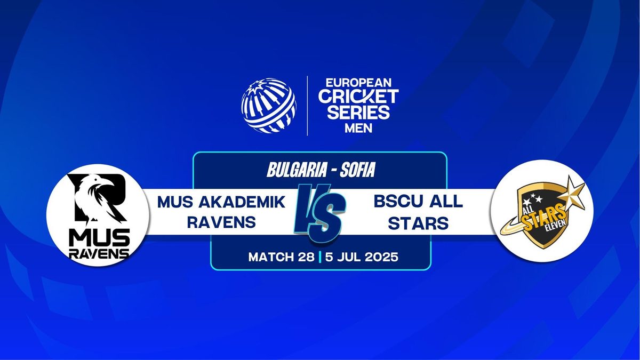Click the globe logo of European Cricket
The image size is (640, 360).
269,106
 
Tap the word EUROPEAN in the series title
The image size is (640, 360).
358,83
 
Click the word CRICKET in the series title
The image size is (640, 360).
358,97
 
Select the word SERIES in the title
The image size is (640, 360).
358,112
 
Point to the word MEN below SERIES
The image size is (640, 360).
358,129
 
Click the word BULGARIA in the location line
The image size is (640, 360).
297,170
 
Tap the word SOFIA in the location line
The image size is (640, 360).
357,170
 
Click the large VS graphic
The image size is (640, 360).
320,213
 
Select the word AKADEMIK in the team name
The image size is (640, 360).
242,202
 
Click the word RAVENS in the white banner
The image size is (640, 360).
221,222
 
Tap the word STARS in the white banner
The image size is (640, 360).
418,223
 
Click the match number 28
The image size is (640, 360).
306,257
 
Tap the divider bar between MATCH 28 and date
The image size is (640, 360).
319,257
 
